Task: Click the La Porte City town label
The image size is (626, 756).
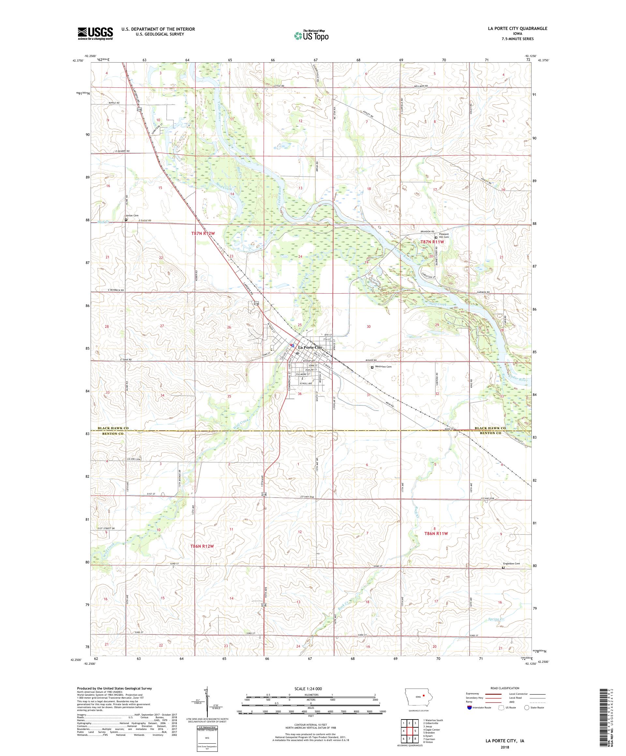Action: pyautogui.click(x=310, y=347)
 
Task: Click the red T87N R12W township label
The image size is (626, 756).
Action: pyautogui.click(x=203, y=233)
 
